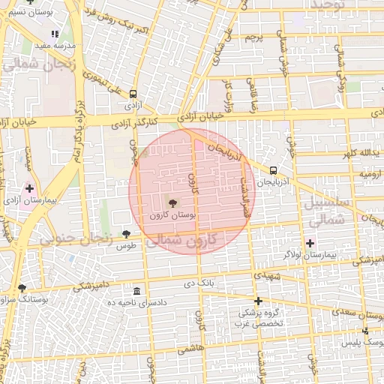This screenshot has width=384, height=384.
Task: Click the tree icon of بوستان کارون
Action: click(x=173, y=202)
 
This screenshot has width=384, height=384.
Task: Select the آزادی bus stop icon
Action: click(x=133, y=94)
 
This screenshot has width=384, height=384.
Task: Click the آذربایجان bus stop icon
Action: click(x=273, y=170)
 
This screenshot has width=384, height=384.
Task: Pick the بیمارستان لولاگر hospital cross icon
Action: click(x=310, y=242)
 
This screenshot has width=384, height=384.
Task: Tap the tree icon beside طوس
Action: click(x=126, y=234)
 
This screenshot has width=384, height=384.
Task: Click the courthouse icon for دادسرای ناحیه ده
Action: click(x=136, y=290)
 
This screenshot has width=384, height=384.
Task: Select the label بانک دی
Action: click(x=200, y=283)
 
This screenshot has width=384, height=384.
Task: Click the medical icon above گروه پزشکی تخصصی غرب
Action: click(x=258, y=301)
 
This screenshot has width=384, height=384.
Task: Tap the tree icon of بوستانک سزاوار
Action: click(x=22, y=287)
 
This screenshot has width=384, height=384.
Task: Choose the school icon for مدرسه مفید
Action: click(x=54, y=34)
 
